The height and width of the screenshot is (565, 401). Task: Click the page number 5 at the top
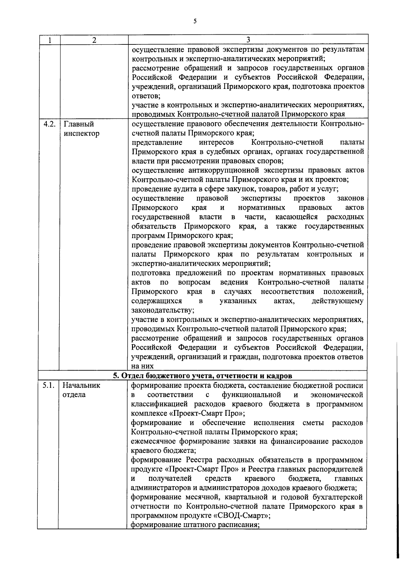195,21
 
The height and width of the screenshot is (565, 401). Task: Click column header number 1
49,40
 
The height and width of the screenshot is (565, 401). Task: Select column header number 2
94,40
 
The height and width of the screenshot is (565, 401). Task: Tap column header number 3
248,40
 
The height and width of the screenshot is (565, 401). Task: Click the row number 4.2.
49,125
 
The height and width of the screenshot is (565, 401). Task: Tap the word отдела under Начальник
74,395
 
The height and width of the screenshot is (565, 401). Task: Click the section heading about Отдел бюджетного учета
202,376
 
